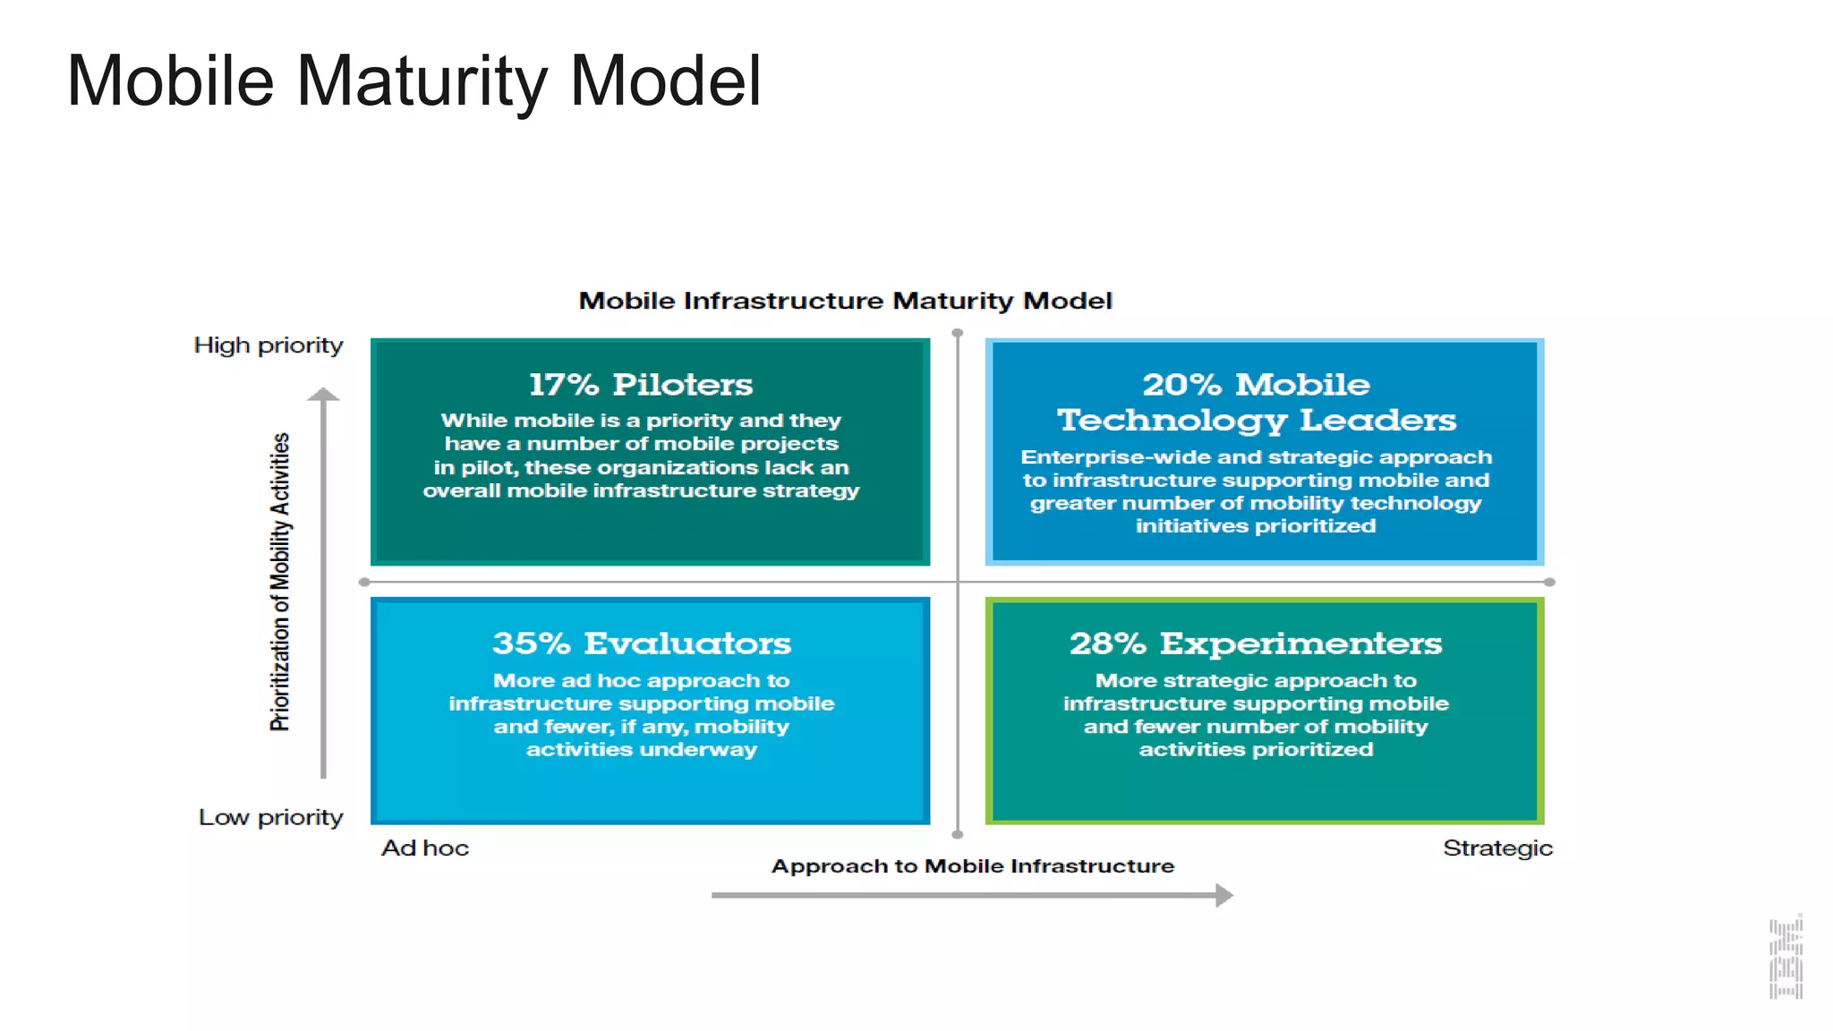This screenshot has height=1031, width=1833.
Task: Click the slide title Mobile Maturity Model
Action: (x=413, y=81)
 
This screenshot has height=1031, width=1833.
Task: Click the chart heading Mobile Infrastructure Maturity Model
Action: (x=845, y=301)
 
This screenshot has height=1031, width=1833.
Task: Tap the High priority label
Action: (x=269, y=345)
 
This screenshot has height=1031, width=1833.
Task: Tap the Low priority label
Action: (x=270, y=817)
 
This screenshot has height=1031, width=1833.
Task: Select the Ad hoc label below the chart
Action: (x=425, y=848)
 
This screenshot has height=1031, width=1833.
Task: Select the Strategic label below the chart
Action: (x=1497, y=848)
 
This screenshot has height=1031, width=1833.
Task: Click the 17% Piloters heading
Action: (x=641, y=384)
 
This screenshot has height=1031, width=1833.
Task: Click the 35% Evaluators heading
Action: (x=641, y=643)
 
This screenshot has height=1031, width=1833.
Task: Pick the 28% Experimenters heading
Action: (x=1256, y=643)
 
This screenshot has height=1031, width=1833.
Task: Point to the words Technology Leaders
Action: (x=1256, y=420)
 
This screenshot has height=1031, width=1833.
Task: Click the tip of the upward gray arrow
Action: (x=323, y=392)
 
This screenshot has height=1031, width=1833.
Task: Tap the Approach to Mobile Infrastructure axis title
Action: (x=973, y=866)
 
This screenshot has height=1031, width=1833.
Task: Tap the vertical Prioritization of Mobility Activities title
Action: (x=280, y=582)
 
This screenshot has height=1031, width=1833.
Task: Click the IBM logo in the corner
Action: (x=1786, y=958)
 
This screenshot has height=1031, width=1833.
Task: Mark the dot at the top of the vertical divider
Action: (x=958, y=333)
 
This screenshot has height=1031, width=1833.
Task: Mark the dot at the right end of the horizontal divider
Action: (x=1549, y=582)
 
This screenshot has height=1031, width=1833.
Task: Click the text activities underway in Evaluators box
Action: (x=641, y=750)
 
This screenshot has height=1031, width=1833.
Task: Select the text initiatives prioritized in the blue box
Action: (x=1256, y=526)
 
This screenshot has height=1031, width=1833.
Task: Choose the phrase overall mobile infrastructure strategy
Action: (x=641, y=490)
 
